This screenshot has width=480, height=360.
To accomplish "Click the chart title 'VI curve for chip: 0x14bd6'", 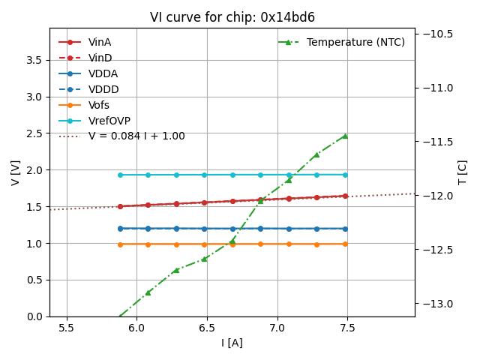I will [x=232, y=17].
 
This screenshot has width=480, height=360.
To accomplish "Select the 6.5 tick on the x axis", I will [x=207, y=328].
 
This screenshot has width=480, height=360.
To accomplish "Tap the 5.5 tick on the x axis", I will [x=67, y=328].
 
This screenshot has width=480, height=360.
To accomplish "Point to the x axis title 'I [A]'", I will [x=232, y=343].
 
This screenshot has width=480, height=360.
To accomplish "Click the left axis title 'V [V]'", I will [x=15, y=172].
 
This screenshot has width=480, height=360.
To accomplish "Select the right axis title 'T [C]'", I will [x=462, y=172].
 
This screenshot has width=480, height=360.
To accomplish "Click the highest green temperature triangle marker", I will [x=345, y=136].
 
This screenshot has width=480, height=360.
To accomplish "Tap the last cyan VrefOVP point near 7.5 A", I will [x=345, y=175].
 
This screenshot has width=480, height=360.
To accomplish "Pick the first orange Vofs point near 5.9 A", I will [x=120, y=244].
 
